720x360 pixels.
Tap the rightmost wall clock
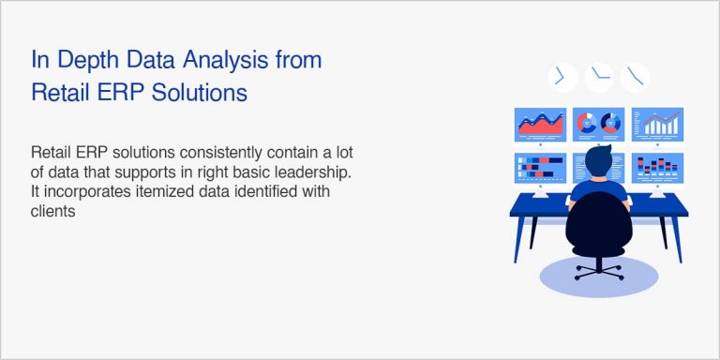coord(637,76)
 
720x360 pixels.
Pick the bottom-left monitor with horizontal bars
coord(541,169)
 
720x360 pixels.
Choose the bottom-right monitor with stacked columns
coord(657,168)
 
